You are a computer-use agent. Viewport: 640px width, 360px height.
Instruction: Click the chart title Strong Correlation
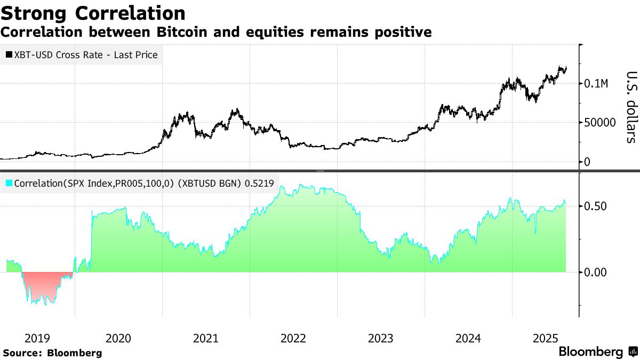point(93,13)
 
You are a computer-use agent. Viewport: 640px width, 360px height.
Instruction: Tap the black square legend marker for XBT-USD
point(9,54)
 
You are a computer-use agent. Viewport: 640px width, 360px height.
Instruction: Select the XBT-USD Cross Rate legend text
point(86,54)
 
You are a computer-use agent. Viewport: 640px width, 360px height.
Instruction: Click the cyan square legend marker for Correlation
point(9,183)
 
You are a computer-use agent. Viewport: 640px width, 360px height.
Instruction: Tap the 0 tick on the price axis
point(587,162)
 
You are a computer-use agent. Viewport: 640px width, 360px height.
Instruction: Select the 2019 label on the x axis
point(37,338)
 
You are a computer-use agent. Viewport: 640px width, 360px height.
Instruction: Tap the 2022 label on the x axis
point(293,338)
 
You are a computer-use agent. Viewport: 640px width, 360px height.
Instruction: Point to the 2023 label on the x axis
point(380,338)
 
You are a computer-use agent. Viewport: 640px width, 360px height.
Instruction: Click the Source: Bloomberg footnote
point(52,353)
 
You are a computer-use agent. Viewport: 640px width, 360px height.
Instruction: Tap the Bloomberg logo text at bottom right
point(590,352)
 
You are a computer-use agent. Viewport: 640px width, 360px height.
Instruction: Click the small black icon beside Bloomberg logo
point(633,352)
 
